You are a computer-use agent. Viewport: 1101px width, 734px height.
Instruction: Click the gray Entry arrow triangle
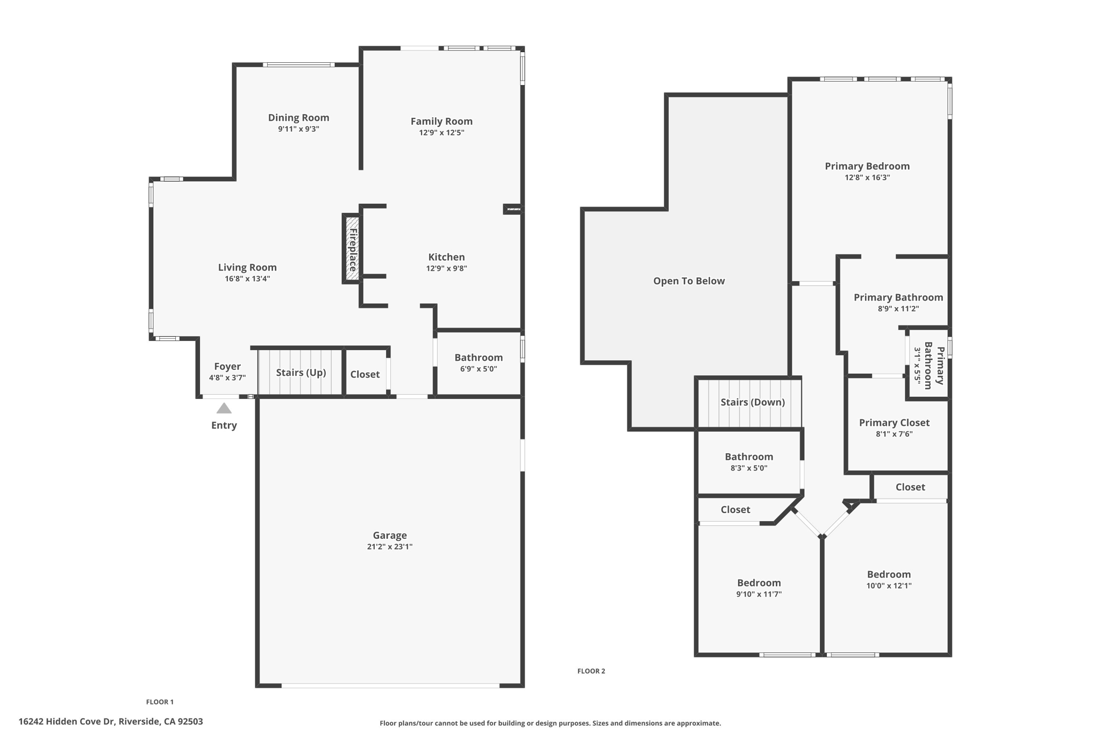coord(224,409)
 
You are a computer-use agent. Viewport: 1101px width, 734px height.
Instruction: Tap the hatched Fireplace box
coord(352,249)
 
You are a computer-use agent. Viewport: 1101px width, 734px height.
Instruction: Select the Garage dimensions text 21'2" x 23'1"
coord(389,547)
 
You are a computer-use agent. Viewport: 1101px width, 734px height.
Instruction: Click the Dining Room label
coord(298,117)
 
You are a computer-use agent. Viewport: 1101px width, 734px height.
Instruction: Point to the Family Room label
coord(441,121)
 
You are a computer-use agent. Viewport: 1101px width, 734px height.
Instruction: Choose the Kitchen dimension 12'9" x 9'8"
coord(446,268)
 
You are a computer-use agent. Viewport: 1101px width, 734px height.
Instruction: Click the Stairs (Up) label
coord(301,373)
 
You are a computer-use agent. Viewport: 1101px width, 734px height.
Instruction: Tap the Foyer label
coord(227,366)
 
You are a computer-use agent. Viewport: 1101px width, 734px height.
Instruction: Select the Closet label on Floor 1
coord(364,374)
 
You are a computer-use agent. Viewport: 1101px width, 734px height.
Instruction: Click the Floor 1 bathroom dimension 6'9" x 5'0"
coord(478,369)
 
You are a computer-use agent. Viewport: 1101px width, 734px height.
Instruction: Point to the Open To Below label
coord(689,281)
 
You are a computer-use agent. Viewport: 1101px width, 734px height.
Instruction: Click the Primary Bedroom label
coord(867,166)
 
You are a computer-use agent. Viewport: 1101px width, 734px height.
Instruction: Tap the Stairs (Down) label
coord(752,402)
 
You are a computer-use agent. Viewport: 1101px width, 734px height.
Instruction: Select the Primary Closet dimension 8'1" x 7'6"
coord(893,434)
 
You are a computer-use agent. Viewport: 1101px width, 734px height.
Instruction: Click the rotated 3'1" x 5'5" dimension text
coord(917,368)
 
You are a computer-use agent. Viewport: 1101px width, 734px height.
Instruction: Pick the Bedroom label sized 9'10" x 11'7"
coord(759,583)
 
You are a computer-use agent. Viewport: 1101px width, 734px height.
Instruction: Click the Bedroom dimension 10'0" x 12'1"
coord(888,586)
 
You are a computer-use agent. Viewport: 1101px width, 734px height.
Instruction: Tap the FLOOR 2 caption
coord(591,671)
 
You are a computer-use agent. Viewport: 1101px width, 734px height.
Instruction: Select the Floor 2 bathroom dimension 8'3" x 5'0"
coord(748,468)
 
